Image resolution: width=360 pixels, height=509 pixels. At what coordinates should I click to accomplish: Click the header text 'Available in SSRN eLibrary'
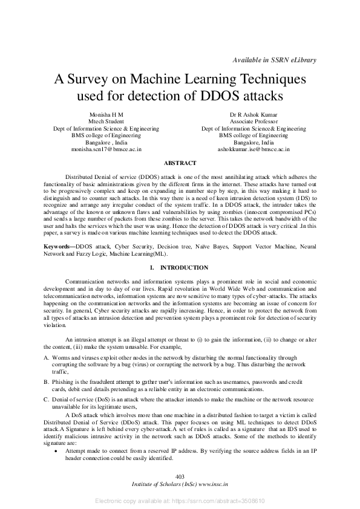[x=274, y=60]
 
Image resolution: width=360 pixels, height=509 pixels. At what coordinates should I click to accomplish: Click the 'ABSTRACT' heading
[x=180, y=163]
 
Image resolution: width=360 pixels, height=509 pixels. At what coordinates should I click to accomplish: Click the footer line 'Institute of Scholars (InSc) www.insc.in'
[x=179, y=485]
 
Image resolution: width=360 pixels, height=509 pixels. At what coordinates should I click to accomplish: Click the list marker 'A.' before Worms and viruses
[x=46, y=358]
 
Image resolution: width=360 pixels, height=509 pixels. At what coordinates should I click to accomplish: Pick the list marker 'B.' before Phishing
[x=46, y=383]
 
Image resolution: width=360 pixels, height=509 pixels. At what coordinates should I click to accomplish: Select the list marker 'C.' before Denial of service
[x=46, y=400]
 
